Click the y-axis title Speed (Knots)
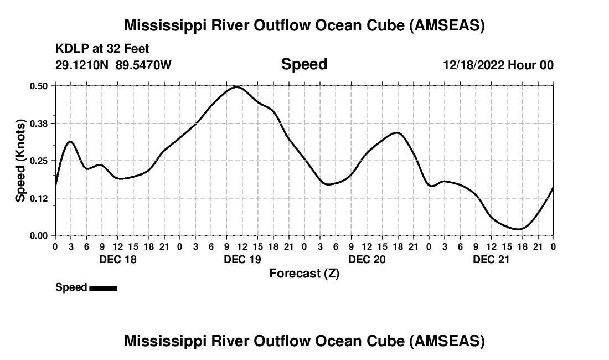(20, 161)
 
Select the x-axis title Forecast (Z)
(304, 273)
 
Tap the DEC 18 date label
(117, 259)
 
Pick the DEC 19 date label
(242, 259)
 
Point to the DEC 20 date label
(367, 259)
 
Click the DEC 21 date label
(491, 259)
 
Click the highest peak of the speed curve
(236, 87)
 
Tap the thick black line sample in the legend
(103, 288)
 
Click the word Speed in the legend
(71, 287)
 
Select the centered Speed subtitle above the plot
(304, 64)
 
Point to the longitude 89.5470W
(143, 65)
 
